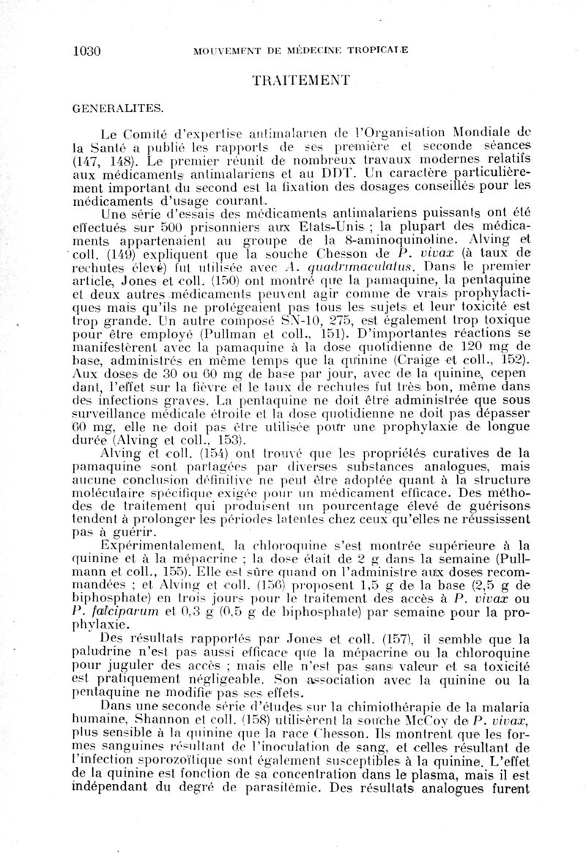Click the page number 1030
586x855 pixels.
click(x=86, y=51)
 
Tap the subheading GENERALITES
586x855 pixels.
click(x=117, y=108)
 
